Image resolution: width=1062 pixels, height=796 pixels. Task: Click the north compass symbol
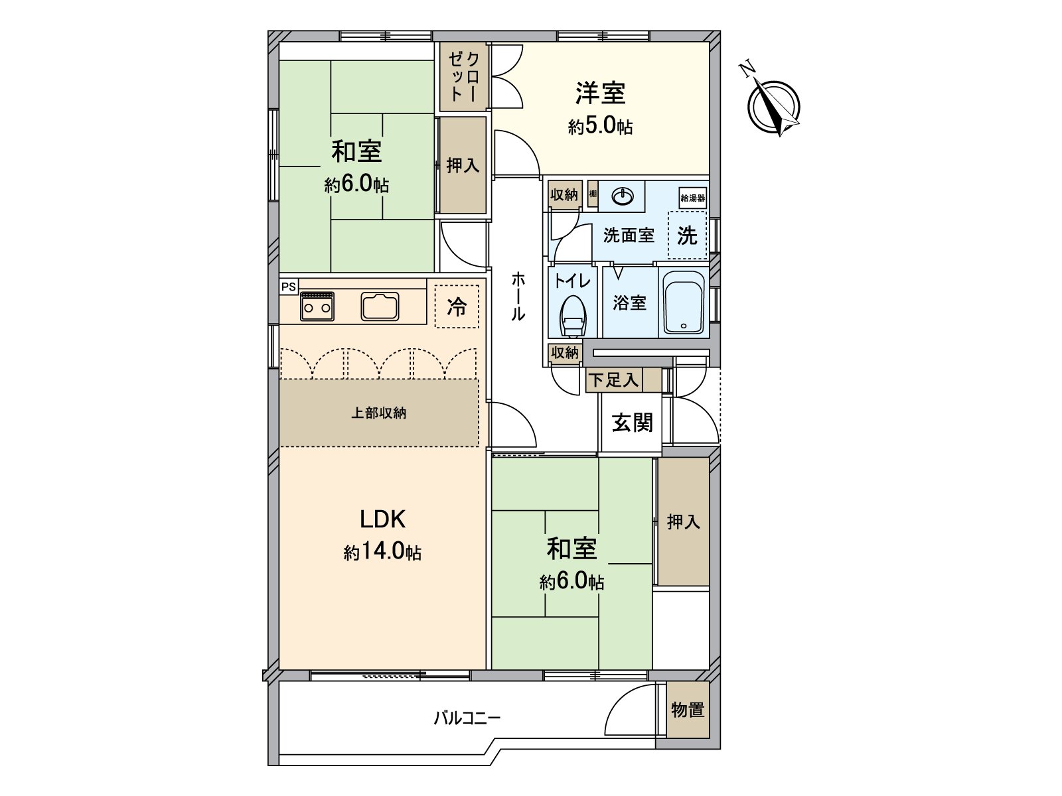[773, 106]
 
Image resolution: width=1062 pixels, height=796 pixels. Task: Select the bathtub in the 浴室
[684, 302]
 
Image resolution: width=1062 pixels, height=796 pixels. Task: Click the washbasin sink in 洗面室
[623, 196]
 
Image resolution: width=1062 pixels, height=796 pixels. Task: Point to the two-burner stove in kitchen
[317, 306]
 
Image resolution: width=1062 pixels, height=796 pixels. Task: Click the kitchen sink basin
[381, 306]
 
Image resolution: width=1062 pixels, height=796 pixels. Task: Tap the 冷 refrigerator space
[457, 306]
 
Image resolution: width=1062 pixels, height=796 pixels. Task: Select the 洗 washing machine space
[687, 235]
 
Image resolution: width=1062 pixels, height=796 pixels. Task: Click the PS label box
[288, 287]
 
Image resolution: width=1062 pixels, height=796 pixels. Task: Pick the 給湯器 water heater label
[692, 198]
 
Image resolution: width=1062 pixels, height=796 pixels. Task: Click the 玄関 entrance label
[632, 423]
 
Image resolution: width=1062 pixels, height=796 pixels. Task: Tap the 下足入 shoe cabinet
[614, 380]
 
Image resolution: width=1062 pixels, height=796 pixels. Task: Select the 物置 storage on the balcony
[687, 710]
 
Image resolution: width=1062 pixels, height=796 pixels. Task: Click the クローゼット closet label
[463, 77]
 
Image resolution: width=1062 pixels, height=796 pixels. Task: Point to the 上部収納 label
[378, 413]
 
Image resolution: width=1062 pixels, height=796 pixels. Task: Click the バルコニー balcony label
[467, 718]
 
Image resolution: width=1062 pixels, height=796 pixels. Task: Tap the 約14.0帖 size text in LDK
[382, 552]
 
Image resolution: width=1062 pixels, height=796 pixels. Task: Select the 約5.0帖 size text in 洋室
[600, 127]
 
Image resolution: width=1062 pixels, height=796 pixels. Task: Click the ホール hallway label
[518, 297]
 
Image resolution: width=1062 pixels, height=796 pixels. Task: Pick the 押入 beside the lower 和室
[683, 522]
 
